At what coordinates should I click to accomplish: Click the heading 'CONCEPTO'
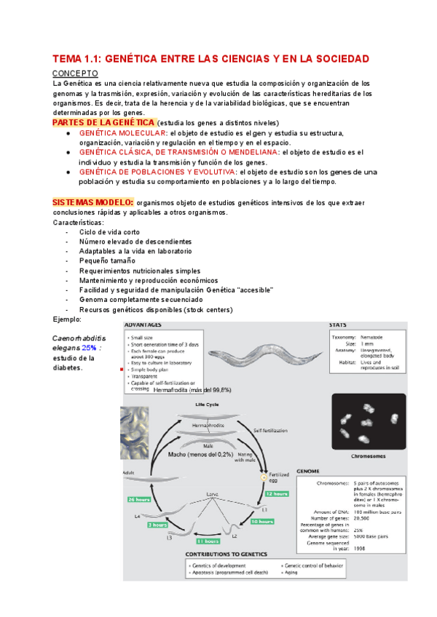(x=73, y=74)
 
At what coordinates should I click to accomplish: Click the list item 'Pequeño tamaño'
(x=108, y=260)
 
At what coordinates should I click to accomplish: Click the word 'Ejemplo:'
(x=68, y=319)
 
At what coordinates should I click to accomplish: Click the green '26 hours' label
(x=139, y=500)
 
